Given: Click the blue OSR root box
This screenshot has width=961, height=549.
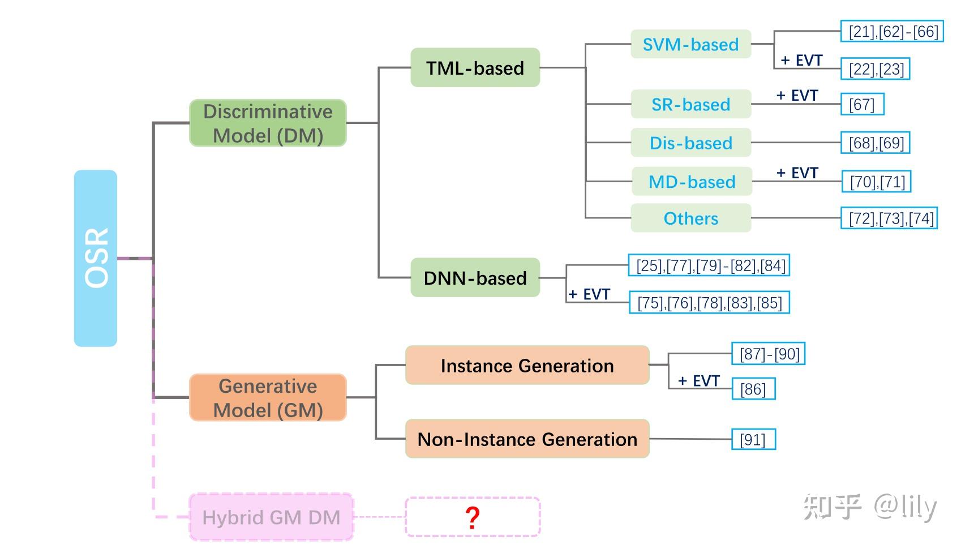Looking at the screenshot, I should [95, 258].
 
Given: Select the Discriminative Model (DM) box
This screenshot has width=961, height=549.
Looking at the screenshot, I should [268, 123].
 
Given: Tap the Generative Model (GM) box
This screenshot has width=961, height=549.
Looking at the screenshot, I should [268, 398].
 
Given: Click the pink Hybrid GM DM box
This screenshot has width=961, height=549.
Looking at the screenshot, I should [271, 517].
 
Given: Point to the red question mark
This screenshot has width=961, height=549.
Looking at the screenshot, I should [473, 517].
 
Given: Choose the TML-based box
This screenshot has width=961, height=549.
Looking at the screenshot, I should [475, 68].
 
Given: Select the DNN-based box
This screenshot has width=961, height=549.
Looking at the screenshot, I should [475, 278].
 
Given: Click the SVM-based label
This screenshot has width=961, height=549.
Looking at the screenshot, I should [690, 44].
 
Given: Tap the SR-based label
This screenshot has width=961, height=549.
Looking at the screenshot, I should [690, 104].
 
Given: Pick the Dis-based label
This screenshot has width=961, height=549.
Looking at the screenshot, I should [690, 143].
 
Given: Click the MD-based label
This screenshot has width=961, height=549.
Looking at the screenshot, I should [692, 182].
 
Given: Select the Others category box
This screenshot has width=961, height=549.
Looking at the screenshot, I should [690, 218].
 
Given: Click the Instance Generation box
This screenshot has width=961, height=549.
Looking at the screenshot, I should [527, 366].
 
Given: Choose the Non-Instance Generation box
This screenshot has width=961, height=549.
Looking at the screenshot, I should [527, 439].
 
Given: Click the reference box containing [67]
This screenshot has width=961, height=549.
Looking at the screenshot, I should [862, 104].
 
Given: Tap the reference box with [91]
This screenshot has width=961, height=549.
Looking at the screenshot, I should [753, 440].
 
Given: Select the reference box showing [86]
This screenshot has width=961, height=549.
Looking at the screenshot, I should [753, 389].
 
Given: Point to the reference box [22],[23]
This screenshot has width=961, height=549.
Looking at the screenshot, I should [876, 69].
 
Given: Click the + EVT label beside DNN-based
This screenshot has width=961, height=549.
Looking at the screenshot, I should [589, 294].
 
